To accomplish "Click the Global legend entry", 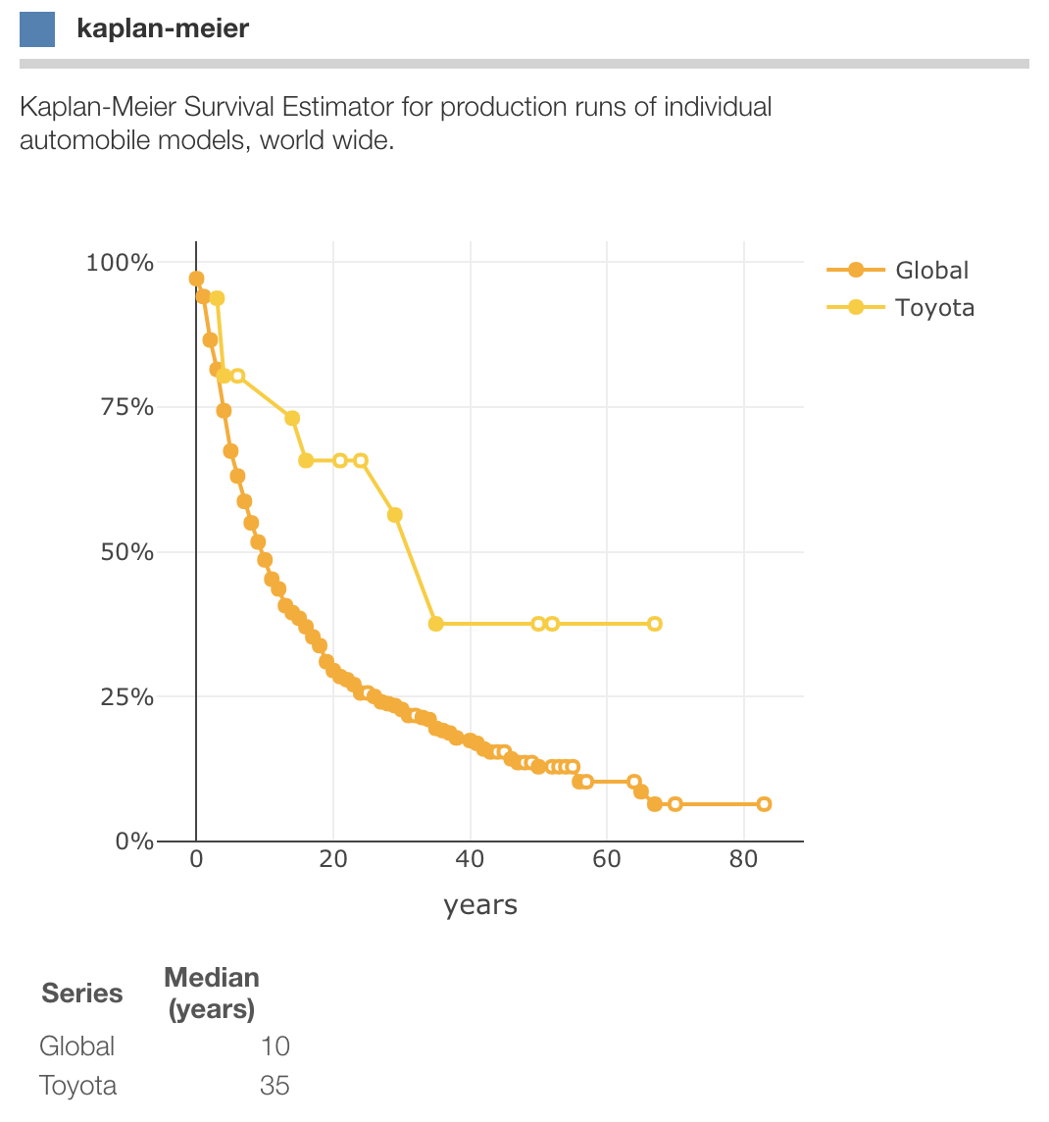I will (931, 271).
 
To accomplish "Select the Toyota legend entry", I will (934, 308).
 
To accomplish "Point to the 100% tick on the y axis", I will (120, 263).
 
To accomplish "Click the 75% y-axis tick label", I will (126, 407).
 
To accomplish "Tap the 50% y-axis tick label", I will (126, 552).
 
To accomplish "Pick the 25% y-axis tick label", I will (126, 697).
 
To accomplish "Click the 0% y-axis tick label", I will (133, 841).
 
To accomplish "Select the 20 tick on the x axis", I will (333, 860).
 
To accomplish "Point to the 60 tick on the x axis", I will (607, 860).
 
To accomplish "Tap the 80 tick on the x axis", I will (744, 860).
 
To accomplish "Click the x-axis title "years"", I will (480, 904).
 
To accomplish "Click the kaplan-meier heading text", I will (163, 28).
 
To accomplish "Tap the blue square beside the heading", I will (37, 28).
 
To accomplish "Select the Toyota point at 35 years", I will (436, 624).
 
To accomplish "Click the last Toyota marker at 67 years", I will (655, 624).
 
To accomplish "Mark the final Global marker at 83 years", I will (765, 804).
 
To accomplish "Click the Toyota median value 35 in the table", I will (275, 1086).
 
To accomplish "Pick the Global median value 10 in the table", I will (275, 1046).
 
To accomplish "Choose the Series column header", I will (82, 994).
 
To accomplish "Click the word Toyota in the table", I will (78, 1086).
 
